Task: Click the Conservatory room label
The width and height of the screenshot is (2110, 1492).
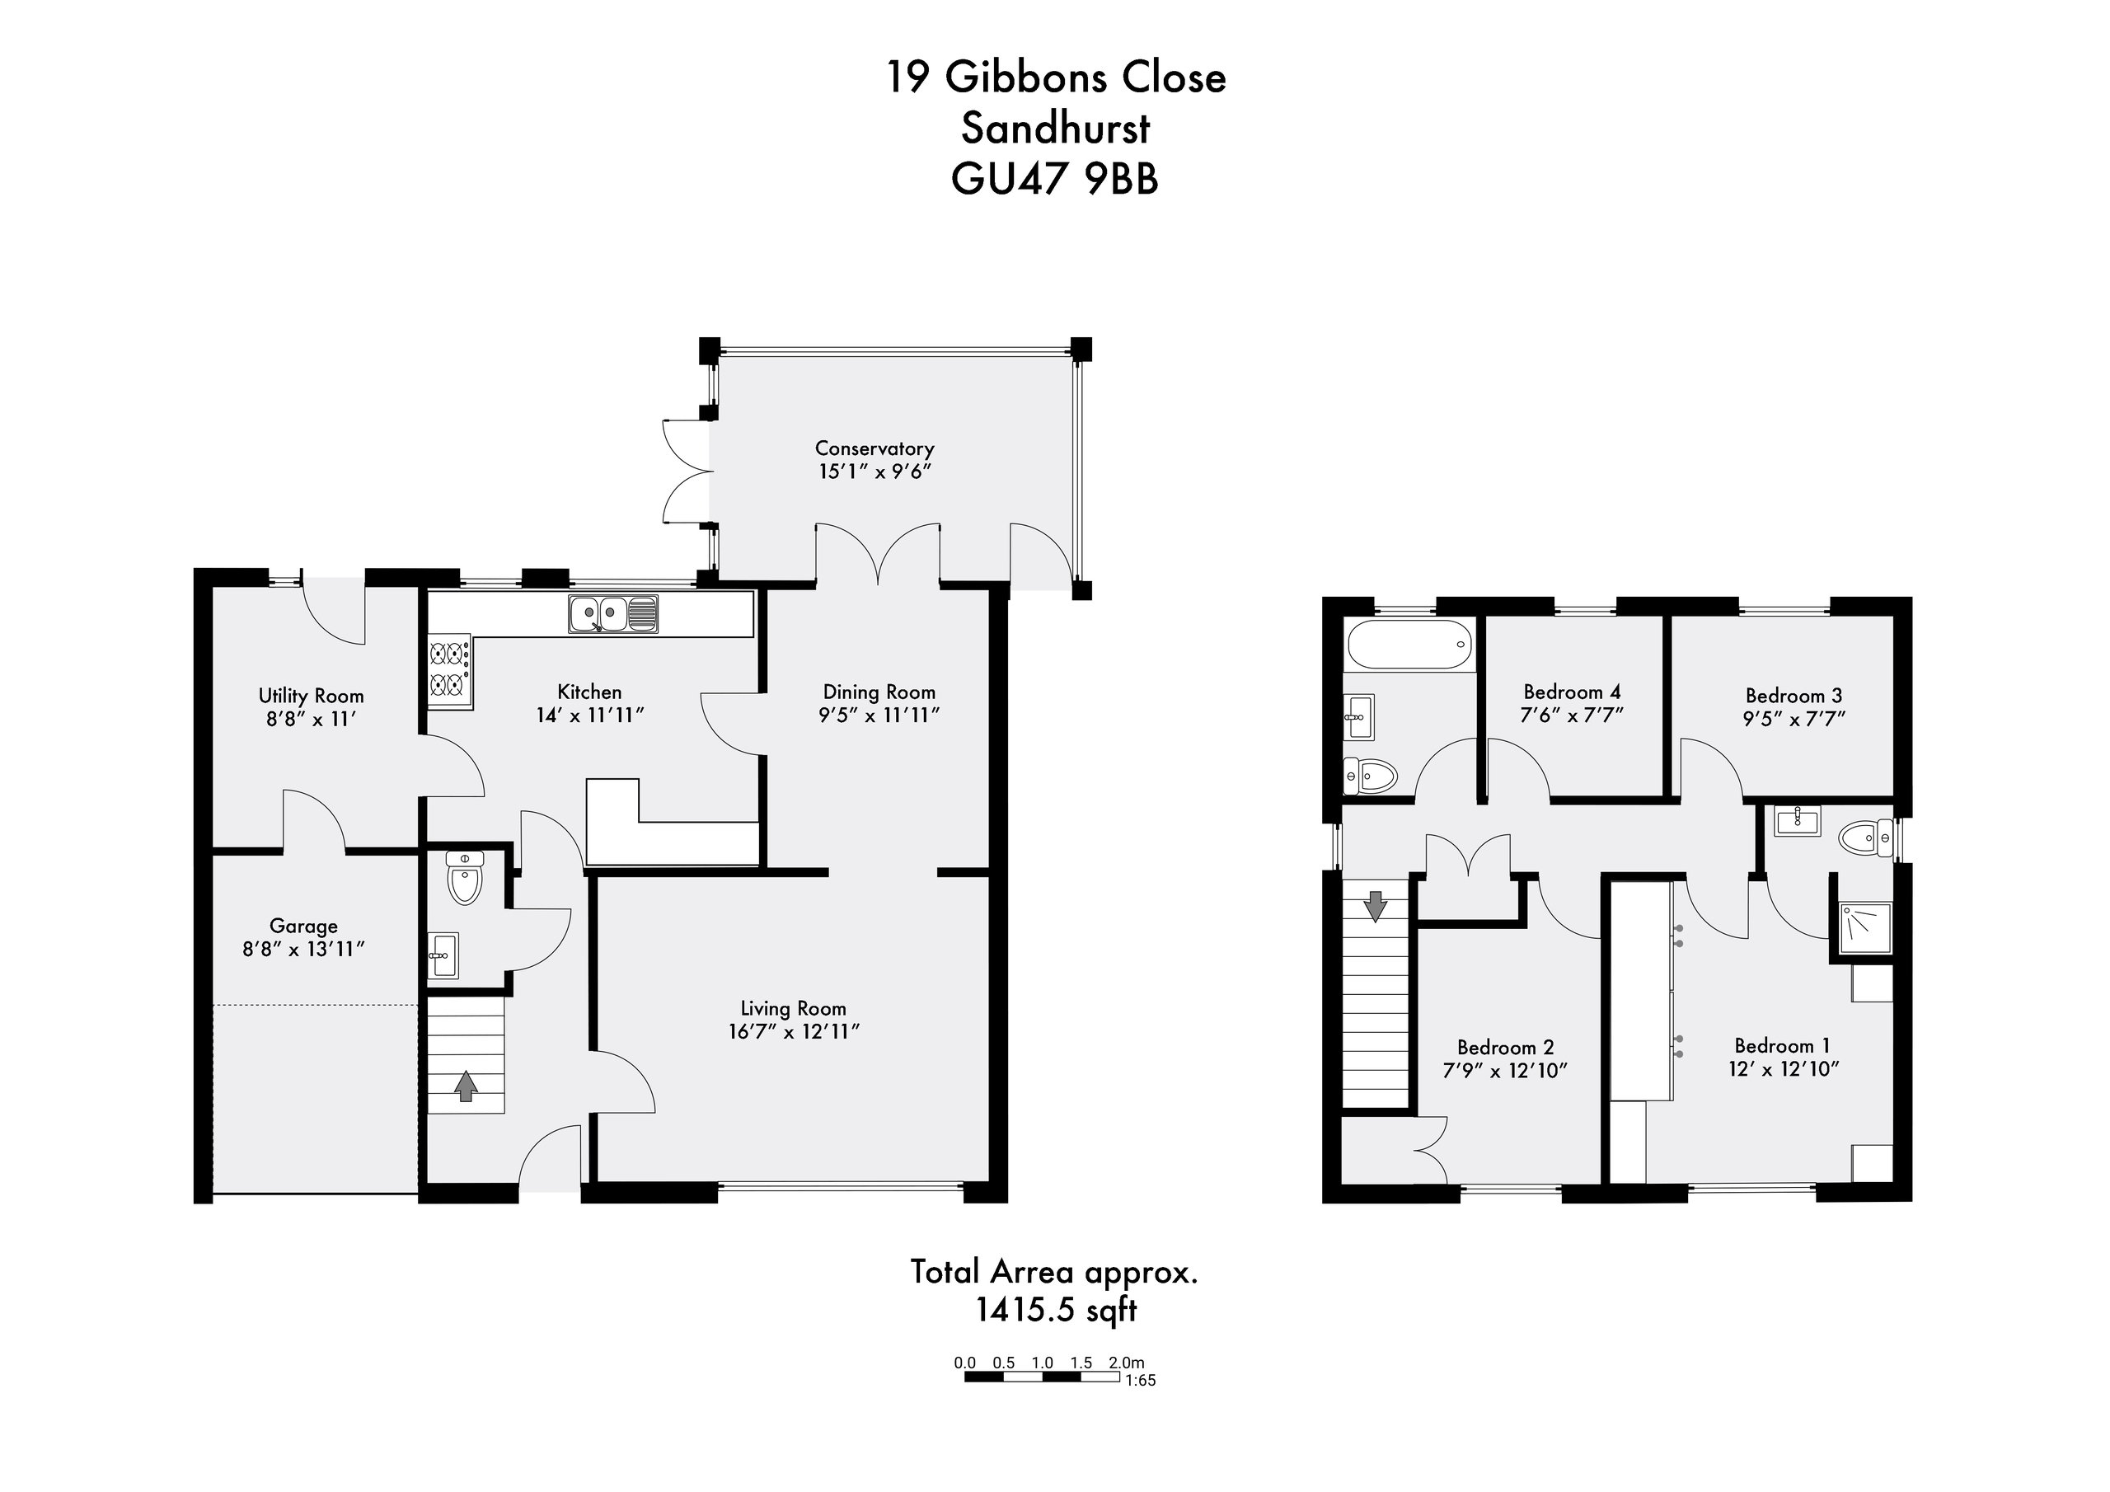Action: coord(874,448)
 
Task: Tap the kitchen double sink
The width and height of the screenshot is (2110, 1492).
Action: coord(613,613)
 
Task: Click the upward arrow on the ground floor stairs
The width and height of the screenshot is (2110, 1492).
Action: coord(467,1086)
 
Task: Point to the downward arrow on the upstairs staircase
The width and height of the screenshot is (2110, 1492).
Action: coord(1375,905)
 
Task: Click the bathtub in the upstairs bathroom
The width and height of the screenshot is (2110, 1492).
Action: coord(1409,645)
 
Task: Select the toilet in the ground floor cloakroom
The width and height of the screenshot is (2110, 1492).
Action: coord(465,877)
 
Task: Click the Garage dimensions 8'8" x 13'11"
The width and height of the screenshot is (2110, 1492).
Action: coord(303,950)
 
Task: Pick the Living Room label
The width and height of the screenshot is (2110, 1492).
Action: coord(793,1008)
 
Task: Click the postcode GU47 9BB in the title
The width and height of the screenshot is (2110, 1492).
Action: coord(1055,179)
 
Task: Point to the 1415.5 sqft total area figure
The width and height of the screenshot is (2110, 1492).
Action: coord(1056,1309)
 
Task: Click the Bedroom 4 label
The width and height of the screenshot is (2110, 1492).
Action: coord(1572,692)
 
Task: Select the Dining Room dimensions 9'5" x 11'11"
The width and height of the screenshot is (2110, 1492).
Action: coord(879,716)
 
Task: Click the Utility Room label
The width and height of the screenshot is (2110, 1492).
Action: coord(311,696)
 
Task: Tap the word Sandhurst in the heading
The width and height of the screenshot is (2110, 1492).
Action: coord(1055,128)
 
